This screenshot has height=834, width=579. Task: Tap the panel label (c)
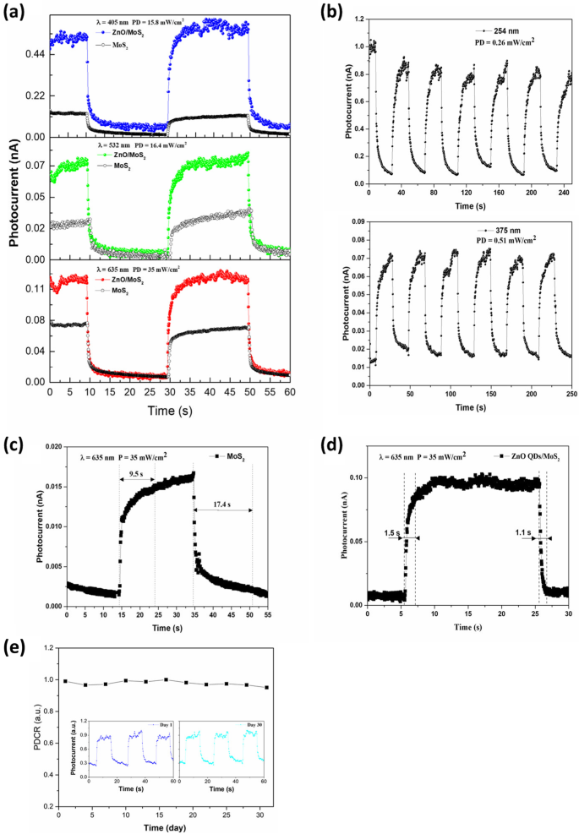coord(18,443)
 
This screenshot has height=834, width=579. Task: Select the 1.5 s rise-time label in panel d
coord(391,534)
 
